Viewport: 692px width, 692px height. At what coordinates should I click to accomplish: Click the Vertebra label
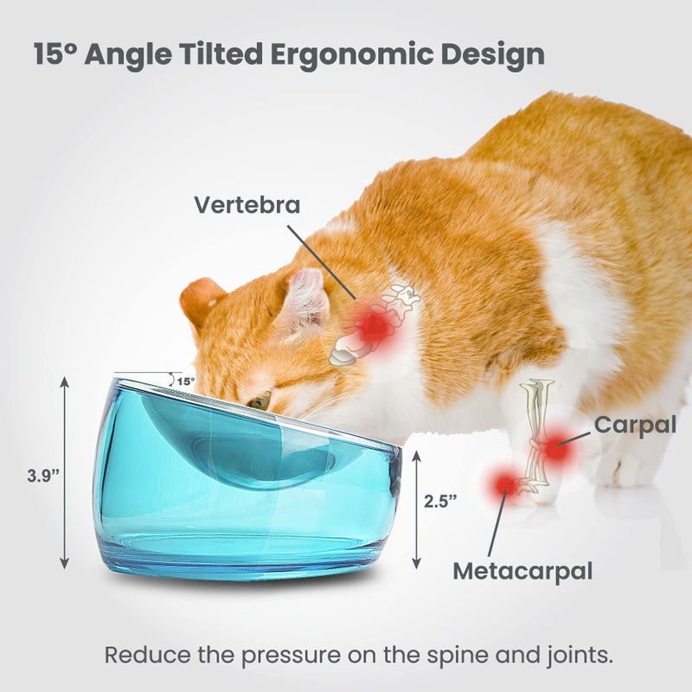coord(247,205)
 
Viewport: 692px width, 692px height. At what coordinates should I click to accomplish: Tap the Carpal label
coord(635,425)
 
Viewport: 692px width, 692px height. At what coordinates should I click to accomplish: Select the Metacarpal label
coord(522,572)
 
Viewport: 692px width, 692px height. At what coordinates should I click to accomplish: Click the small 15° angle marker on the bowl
coord(185,381)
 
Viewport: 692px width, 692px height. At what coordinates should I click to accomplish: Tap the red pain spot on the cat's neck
coord(374,325)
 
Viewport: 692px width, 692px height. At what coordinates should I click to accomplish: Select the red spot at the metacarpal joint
coord(503,485)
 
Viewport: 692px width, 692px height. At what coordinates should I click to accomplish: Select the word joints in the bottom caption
coord(576,655)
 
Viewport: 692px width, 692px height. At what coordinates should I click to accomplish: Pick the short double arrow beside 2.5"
coord(416,509)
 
